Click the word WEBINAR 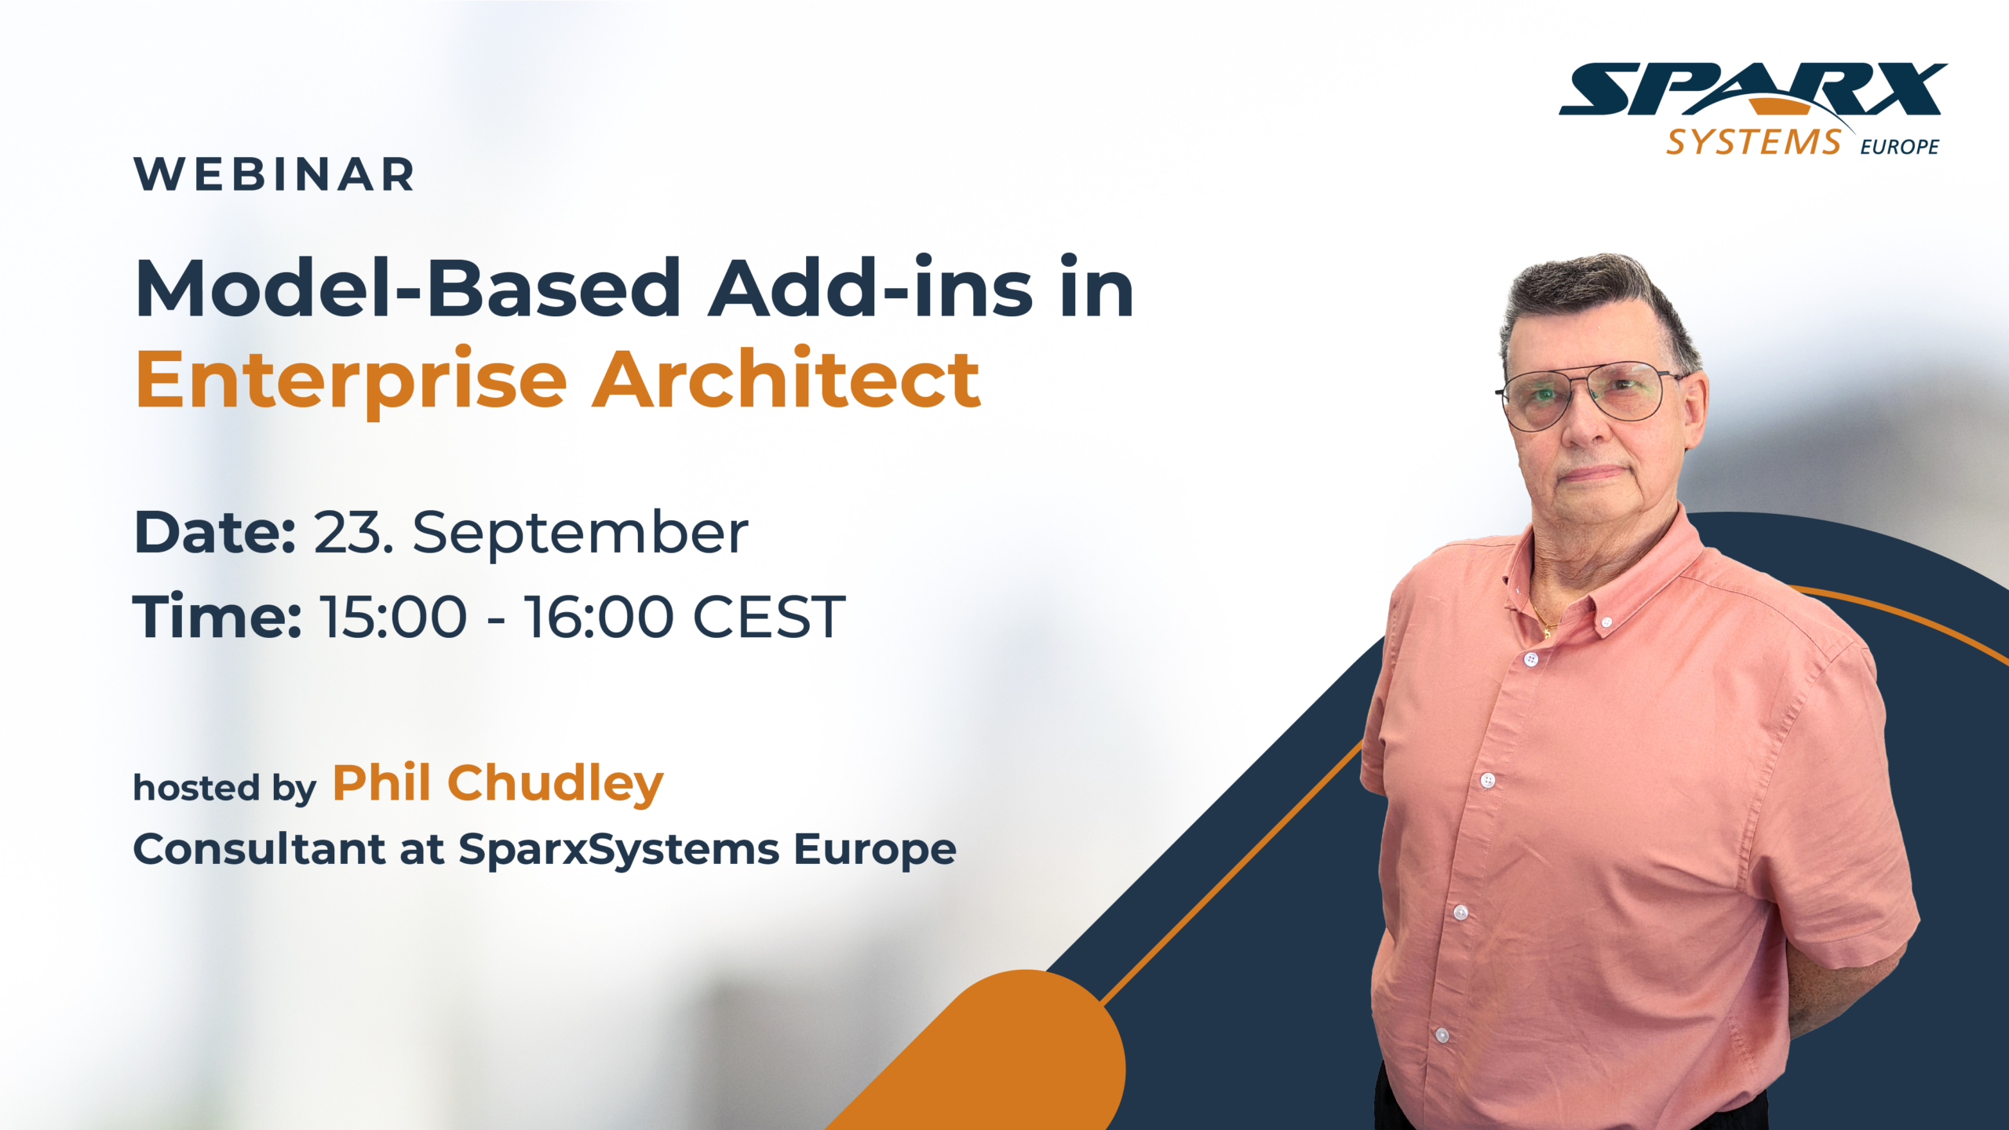pos(274,174)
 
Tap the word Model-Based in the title pos(408,288)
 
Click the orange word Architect pos(786,379)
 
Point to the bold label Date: pos(214,533)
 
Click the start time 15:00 pos(393,617)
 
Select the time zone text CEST pos(769,617)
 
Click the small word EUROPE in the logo pos(1899,147)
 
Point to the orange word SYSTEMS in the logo pos(1753,142)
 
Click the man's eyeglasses pos(1586,395)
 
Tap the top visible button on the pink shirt pos(1606,622)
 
